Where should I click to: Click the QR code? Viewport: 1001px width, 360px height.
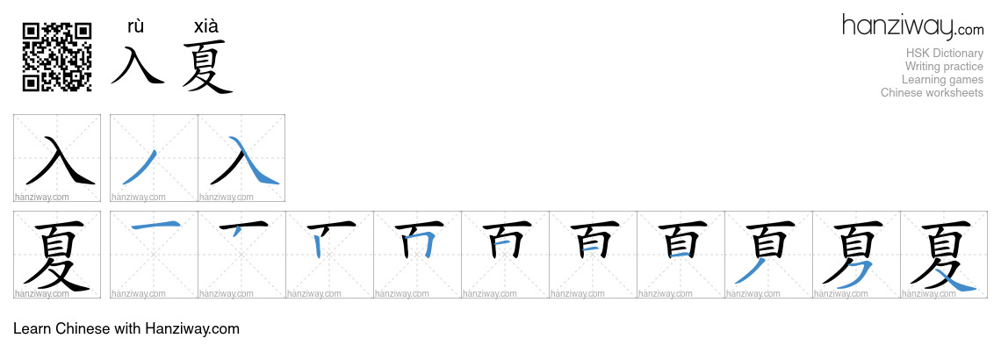[57, 57]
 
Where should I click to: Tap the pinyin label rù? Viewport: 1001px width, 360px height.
[136, 26]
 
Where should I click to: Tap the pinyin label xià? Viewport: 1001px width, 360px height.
[206, 26]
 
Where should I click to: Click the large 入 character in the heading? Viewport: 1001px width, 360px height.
[138, 64]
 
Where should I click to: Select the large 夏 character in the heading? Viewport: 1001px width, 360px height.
[207, 67]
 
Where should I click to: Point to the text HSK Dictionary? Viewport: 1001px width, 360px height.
[944, 53]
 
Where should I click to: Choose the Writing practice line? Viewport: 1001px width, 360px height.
[944, 67]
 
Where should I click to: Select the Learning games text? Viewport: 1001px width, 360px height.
[942, 80]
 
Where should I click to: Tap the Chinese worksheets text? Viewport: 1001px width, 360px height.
[932, 92]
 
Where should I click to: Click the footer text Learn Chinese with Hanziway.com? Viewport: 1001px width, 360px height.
[126, 328]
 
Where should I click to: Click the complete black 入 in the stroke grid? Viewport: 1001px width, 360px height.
[60, 160]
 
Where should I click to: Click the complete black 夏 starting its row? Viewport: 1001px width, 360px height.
[56, 256]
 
